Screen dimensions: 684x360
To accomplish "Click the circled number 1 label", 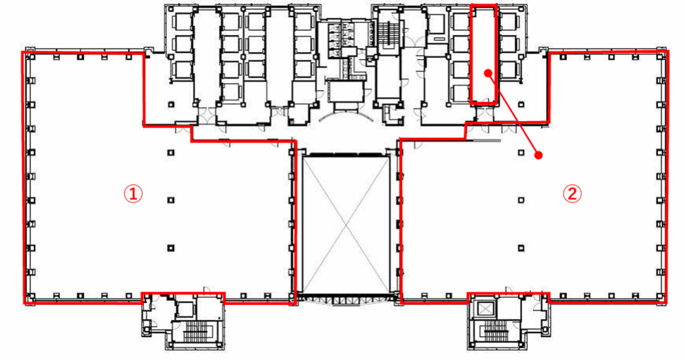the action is pos(133,194).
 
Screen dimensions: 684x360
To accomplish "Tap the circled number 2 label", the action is pos(572,194).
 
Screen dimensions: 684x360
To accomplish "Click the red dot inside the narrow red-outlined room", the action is pos(488,73).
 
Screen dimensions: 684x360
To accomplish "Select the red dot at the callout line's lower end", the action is pos(539,155).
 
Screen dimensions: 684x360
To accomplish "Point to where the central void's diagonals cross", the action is pos(346,225).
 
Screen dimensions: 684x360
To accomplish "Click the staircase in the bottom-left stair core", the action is pos(196,331).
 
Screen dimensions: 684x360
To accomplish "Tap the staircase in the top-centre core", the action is pos(388,34).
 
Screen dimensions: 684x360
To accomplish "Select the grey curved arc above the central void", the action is pos(346,113).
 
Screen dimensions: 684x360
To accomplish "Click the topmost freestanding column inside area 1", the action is pos(171,153).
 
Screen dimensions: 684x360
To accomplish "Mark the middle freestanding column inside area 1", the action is pos(171,200).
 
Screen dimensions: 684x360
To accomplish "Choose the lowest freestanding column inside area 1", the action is pos(171,248).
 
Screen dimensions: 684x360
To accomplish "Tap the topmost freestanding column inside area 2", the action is pos(521,153).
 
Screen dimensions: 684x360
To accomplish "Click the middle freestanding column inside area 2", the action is pos(521,200).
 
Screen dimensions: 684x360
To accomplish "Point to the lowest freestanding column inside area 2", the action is pos(521,248).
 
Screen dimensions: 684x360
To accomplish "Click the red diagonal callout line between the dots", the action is pos(514,114).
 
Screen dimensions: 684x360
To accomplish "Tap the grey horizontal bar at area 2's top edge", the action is pos(487,140).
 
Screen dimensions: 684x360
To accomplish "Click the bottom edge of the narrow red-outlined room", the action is pos(484,103).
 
